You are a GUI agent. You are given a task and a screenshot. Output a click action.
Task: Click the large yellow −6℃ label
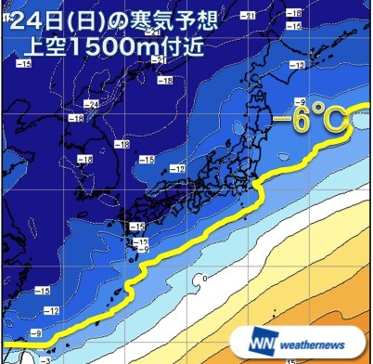pos(312,118)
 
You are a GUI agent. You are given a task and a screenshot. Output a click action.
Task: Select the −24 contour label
pos(92,102)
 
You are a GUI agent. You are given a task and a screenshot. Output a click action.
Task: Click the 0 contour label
pos(204,278)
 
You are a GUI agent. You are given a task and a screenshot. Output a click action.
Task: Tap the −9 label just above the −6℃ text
pos(299,100)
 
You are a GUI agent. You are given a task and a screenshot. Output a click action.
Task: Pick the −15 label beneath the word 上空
pos(24,62)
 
